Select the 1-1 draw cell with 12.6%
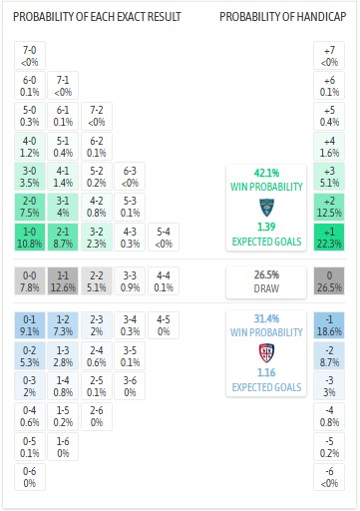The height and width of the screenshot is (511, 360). pos(63,280)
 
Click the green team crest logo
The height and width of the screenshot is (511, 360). pos(265,207)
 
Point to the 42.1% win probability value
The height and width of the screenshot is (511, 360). pos(265,172)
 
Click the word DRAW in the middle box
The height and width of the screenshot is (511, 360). pos(265,289)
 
